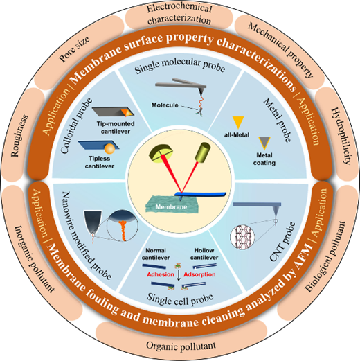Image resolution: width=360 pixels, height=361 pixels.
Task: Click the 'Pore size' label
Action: point(74,49)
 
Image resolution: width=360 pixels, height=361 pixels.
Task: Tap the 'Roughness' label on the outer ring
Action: point(19,136)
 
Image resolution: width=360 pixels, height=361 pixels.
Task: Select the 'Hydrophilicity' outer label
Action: point(341,136)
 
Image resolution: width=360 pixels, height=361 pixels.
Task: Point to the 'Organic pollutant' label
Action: point(181,346)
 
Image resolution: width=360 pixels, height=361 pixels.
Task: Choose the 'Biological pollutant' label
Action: point(325,256)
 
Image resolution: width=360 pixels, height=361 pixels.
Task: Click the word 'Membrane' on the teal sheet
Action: point(171,207)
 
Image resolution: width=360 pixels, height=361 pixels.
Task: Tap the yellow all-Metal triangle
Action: point(238,123)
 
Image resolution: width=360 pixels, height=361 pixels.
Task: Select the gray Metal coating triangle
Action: point(264,143)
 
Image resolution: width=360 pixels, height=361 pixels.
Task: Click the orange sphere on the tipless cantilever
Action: point(109,148)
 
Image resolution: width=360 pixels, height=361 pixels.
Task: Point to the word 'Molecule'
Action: point(165,105)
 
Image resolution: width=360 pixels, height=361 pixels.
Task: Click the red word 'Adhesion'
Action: point(161,274)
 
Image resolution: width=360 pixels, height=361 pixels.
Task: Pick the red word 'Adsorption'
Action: point(199,274)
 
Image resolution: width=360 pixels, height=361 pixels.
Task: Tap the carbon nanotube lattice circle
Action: point(242,238)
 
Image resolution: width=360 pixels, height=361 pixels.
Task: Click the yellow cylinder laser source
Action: point(203,152)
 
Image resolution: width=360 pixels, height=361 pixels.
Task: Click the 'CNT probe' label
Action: point(282,242)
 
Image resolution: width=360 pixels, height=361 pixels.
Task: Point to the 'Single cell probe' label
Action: point(180,299)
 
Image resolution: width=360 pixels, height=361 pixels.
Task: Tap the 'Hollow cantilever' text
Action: point(204,254)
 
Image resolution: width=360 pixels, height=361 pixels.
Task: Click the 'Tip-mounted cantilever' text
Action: point(116,127)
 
